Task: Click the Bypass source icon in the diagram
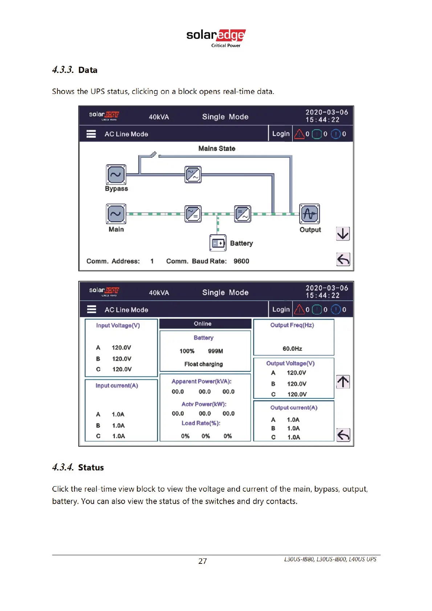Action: coord(116,175)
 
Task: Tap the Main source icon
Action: coord(116,214)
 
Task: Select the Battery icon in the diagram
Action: coord(218,243)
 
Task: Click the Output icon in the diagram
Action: coord(310,214)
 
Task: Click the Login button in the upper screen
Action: coord(281,134)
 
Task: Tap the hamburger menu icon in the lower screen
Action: coord(91,309)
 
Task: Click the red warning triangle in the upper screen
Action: coord(299,134)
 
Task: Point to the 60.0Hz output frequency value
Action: coord(292,349)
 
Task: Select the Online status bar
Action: coord(205,324)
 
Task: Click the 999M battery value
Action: coord(215,351)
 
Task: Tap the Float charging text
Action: coord(203,364)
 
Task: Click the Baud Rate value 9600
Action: coord(241,261)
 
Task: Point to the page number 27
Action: coord(203,561)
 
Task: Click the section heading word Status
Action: coord(91,468)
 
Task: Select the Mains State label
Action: coord(217,148)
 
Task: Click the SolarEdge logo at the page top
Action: coord(216,37)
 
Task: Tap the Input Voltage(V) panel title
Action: coord(118,325)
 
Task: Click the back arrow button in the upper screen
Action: coord(343,259)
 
